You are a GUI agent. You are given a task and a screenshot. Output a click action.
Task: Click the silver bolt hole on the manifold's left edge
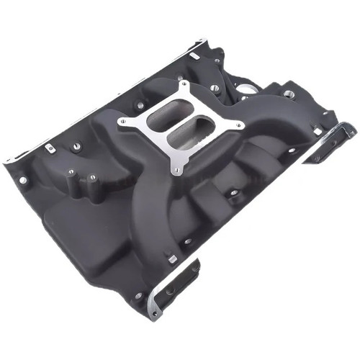click(24, 179)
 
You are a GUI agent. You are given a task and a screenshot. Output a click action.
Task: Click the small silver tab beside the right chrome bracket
click(315, 130)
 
